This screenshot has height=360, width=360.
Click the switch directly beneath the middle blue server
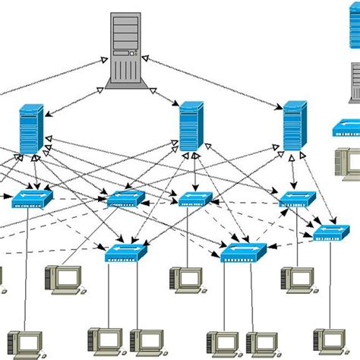point(195,199)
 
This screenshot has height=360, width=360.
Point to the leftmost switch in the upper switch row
point(33,199)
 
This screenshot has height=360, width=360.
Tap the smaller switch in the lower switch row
point(126,252)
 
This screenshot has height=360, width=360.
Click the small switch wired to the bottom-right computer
point(331,232)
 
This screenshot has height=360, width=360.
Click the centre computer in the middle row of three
point(185,279)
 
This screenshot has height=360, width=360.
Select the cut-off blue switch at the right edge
point(348,128)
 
